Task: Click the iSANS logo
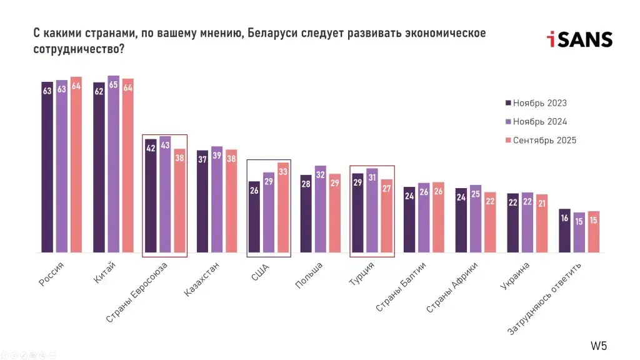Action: coord(579,40)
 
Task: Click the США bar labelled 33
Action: coord(283,207)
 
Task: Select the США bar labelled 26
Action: coord(254,217)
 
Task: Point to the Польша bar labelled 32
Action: coord(320,209)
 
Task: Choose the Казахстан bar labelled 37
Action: coord(202,201)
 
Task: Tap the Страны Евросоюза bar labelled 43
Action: coord(165,194)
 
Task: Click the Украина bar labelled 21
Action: coord(541,223)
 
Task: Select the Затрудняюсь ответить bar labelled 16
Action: coord(564,231)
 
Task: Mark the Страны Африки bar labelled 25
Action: coord(476,219)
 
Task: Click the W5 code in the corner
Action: coord(598,346)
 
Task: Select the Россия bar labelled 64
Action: coord(76,165)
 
